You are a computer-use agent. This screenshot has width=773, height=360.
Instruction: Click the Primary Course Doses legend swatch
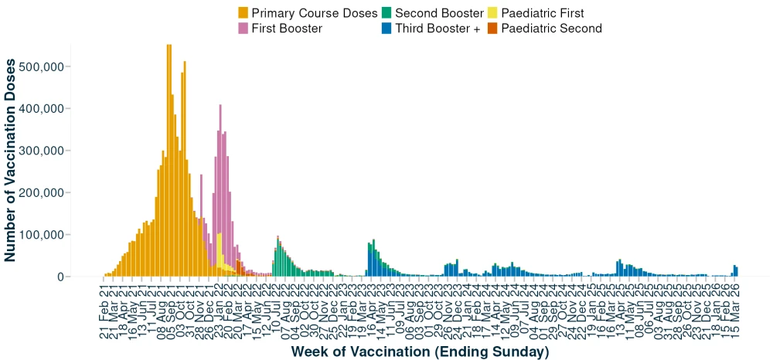243,13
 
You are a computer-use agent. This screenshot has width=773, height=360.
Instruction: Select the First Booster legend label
287,29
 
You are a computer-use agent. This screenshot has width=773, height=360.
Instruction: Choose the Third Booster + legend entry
438,29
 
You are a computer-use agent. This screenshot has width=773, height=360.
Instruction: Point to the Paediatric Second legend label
551,29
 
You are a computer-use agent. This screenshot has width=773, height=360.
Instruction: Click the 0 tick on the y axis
59,277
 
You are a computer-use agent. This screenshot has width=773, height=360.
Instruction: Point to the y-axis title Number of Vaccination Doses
12,160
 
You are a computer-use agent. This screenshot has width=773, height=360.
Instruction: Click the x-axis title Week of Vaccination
420,352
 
